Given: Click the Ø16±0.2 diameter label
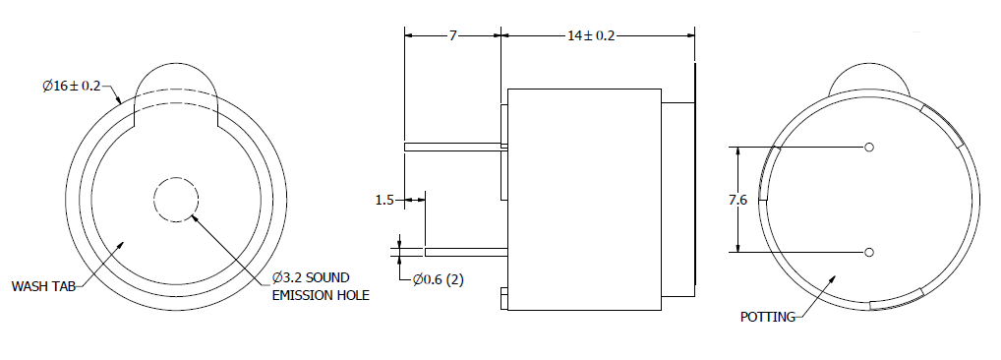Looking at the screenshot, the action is pos(72,87).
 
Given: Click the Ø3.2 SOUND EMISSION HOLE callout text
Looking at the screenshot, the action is pos(321,286).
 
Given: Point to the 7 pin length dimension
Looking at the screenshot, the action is pos(452,35).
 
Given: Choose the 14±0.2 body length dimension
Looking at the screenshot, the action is pos(591,35).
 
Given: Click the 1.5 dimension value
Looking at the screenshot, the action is pos(384,201).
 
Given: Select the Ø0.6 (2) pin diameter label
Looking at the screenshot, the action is pos(438,279).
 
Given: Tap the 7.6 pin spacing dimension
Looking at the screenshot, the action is pos(738,200).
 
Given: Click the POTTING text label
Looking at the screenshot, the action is pos(767,317).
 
